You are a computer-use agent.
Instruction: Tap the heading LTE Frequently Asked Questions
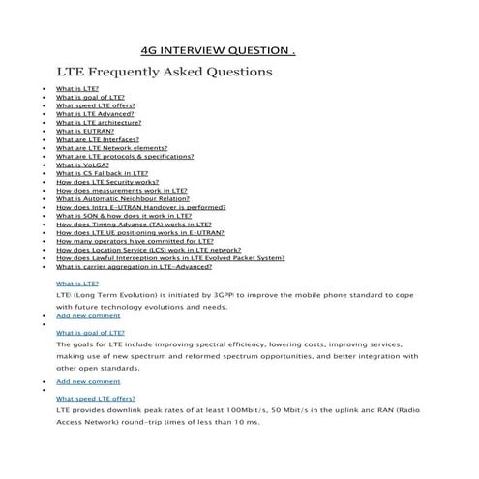pyautogui.click(x=165, y=72)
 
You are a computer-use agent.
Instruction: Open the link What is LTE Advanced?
pyautogui.click(x=95, y=114)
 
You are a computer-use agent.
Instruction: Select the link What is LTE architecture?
pyautogui.click(x=99, y=123)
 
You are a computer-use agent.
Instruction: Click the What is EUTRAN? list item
pyautogui.click(x=85, y=132)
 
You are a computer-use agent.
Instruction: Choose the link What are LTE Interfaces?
pyautogui.click(x=98, y=139)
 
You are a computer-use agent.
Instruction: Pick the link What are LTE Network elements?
pyautogui.click(x=110, y=148)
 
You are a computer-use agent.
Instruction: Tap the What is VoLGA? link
pyautogui.click(x=82, y=165)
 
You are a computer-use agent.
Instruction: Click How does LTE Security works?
pyautogui.click(x=107, y=182)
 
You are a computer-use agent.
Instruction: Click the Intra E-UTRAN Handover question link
pyautogui.click(x=141, y=207)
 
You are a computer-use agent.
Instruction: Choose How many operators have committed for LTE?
pyautogui.click(x=128, y=241)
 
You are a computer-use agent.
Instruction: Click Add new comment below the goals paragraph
pyautogui.click(x=88, y=381)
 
